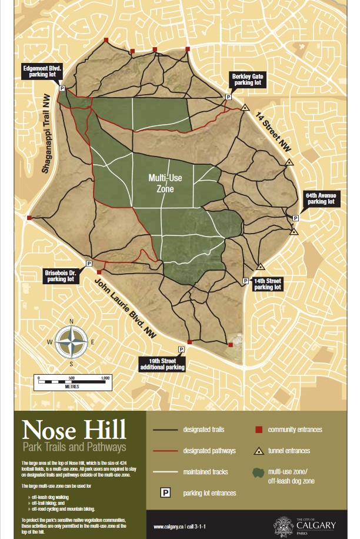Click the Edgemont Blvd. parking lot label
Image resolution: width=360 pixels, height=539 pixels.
point(42,72)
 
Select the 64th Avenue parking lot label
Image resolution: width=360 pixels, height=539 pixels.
point(319,198)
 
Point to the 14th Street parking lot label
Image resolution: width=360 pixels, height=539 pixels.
point(268,284)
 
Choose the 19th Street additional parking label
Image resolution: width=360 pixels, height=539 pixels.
point(162,364)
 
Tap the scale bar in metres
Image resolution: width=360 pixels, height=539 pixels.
point(74,381)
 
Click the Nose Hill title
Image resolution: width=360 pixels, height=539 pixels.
point(74,430)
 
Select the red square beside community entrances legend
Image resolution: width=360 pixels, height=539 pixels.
point(258,430)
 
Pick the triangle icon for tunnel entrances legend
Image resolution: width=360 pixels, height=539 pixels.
point(258,451)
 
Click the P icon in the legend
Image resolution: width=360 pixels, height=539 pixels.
point(166,493)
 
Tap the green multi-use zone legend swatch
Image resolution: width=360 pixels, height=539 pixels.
point(257,473)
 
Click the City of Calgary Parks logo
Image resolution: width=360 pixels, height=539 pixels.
point(306,523)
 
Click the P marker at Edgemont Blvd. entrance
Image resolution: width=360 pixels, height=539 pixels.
point(62,88)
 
